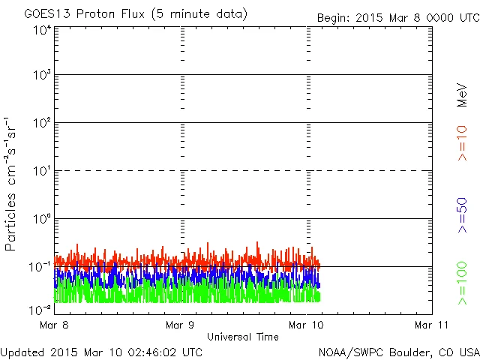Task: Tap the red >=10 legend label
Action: click(x=462, y=142)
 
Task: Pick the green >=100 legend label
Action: click(x=462, y=283)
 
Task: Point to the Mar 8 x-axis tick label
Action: click(x=55, y=325)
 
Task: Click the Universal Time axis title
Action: click(x=243, y=337)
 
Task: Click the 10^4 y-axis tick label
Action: click(x=41, y=29)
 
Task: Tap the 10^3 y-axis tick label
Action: click(x=41, y=75)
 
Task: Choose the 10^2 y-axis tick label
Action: click(x=41, y=123)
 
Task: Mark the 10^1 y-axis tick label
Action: click(x=41, y=171)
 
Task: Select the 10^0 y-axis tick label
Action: click(x=41, y=219)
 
